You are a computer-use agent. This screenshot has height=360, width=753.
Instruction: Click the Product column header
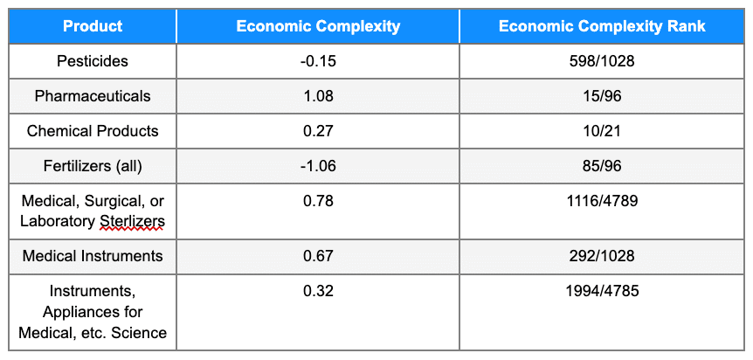[x=93, y=26]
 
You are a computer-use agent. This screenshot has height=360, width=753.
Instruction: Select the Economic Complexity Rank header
[x=602, y=26]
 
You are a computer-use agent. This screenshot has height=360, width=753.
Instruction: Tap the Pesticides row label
[x=93, y=61]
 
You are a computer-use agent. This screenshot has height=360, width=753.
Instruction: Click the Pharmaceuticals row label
[x=93, y=96]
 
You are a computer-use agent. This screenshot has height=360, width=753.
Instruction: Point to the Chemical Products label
[x=93, y=131]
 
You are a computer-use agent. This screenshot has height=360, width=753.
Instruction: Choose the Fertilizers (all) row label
[x=93, y=166]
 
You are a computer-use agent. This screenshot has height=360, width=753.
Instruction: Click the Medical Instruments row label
[x=93, y=256]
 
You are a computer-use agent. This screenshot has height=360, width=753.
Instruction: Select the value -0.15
[x=318, y=61]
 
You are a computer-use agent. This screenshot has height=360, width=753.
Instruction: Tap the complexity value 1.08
[x=318, y=96]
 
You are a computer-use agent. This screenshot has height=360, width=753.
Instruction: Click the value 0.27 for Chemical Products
[x=318, y=131]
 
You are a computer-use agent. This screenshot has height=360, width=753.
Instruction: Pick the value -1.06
[x=318, y=166]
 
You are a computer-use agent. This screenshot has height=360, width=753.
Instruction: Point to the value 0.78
[x=318, y=202]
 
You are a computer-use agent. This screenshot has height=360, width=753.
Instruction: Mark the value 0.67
[x=318, y=256]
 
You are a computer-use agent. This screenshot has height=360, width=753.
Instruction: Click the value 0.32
[x=318, y=291]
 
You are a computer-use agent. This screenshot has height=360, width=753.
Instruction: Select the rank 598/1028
[x=602, y=61]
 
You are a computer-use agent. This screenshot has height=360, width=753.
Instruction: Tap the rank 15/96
[x=602, y=96]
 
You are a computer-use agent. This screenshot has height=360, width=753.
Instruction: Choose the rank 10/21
[x=602, y=131]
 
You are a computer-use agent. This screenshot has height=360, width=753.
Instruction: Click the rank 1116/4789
[x=602, y=202]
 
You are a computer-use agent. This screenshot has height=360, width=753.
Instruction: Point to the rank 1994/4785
[x=602, y=291]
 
